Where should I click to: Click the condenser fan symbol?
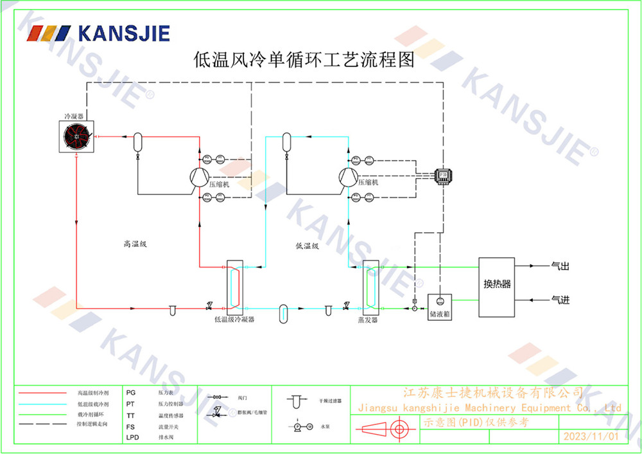coord(76,136)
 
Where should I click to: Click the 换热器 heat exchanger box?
coord(496,287)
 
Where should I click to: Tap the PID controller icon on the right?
coord(443,175)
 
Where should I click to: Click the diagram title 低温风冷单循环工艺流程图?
coord(304,60)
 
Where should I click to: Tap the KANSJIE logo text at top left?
coord(123,33)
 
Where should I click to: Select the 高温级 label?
coord(135,244)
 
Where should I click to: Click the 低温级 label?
coord(307,245)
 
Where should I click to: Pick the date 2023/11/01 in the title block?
coord(590,436)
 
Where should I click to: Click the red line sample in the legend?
coord(42,392)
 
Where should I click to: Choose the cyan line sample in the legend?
coord(42,403)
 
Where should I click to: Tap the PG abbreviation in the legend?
coord(131,392)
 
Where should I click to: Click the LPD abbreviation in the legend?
coord(132,437)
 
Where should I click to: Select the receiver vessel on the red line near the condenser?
coord(137,141)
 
